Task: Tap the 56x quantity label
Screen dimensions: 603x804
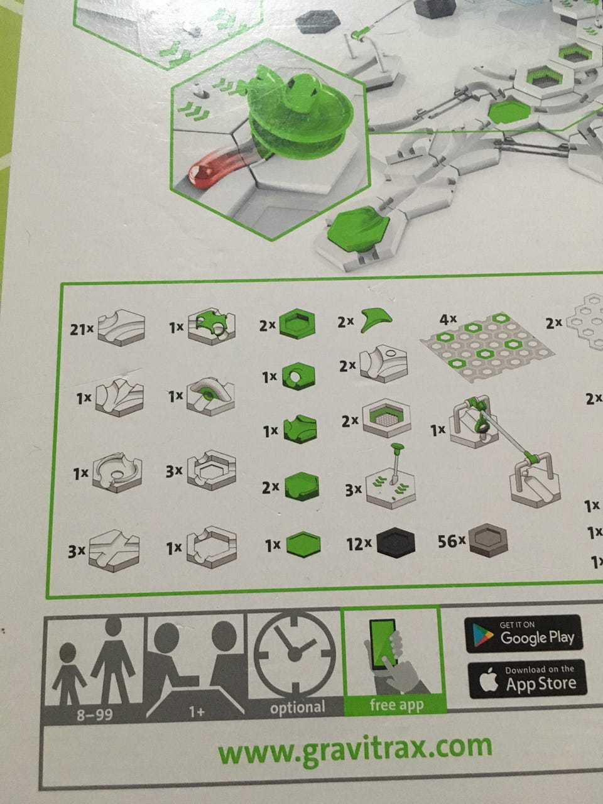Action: click(452, 541)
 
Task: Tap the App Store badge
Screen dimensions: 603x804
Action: click(527, 680)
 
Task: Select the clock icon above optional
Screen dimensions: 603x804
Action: click(295, 655)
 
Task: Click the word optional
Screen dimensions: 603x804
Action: click(297, 707)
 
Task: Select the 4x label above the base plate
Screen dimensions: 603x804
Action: click(448, 320)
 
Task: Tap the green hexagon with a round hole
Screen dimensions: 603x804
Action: click(298, 376)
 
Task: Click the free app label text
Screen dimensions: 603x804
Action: click(396, 705)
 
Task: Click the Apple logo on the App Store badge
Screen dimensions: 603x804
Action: click(489, 680)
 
